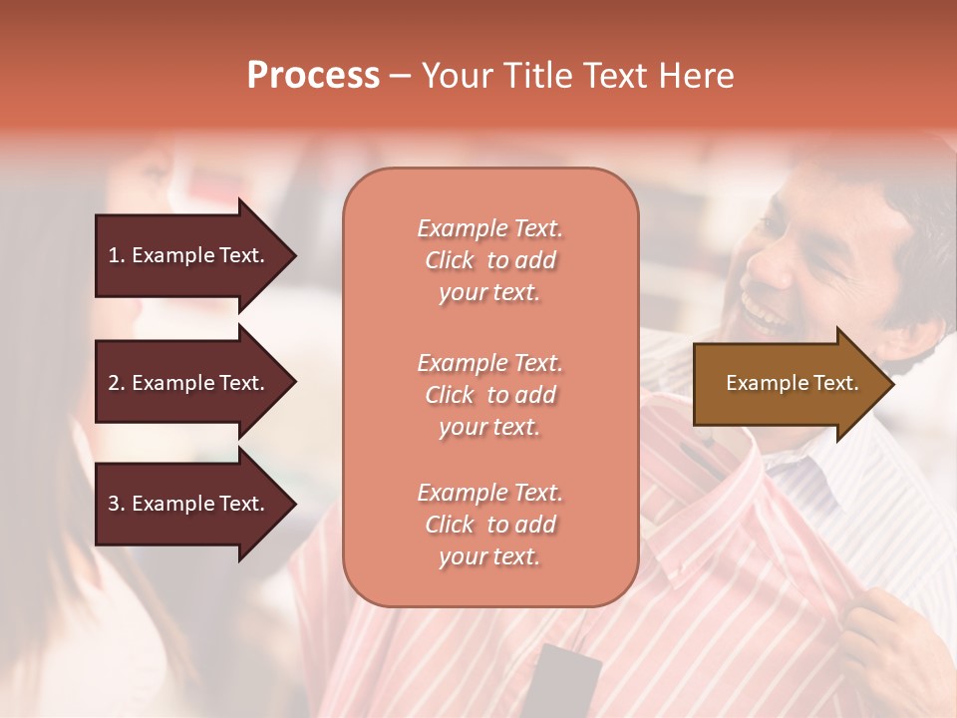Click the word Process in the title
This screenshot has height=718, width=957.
tap(313, 76)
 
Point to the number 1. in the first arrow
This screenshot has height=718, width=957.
tap(117, 255)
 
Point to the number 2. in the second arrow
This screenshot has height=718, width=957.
tap(117, 383)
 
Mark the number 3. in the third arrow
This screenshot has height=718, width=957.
tap(117, 504)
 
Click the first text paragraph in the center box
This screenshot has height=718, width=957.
tap(489, 260)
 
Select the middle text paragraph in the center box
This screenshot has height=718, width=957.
tap(489, 395)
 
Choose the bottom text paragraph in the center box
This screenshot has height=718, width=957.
tap(489, 525)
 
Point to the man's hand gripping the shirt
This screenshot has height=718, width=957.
tap(892, 638)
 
